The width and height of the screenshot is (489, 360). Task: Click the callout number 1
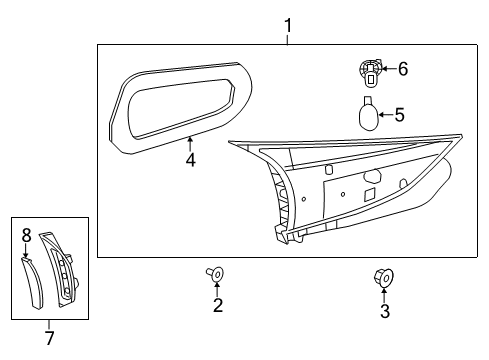pyautogui.click(x=288, y=26)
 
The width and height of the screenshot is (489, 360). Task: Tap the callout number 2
pyautogui.click(x=218, y=305)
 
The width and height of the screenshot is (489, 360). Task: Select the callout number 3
pyautogui.click(x=385, y=311)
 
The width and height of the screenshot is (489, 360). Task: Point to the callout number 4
pyautogui.click(x=190, y=160)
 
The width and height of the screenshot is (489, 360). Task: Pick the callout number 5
pyautogui.click(x=399, y=115)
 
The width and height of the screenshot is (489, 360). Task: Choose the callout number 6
pyautogui.click(x=403, y=69)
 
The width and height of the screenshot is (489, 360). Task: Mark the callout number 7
pyautogui.click(x=50, y=338)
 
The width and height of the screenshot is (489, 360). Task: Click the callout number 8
pyautogui.click(x=26, y=235)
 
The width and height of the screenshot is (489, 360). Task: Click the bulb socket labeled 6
pyautogui.click(x=370, y=73)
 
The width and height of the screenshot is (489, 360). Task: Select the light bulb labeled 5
pyautogui.click(x=368, y=115)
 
